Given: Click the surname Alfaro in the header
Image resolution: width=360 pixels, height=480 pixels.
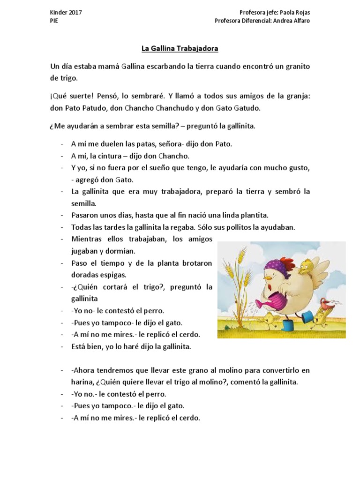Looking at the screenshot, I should [300, 21].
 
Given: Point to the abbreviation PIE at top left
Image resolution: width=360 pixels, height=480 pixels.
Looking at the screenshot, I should [54, 21].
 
